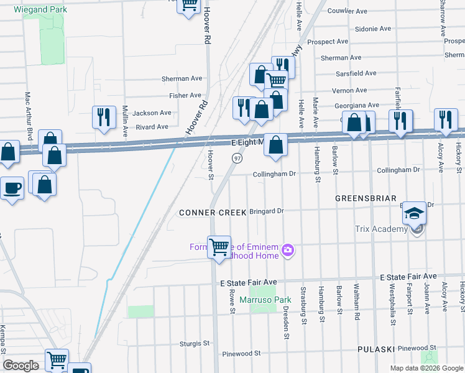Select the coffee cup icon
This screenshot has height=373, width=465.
tap(12, 188)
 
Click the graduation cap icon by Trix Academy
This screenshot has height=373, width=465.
tap(413, 213)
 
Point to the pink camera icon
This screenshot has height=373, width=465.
tap(287, 251)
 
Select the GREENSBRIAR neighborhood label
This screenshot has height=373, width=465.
tap(366, 198)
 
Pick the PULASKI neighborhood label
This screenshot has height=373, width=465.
tap(376, 350)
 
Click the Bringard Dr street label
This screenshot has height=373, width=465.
tap(266, 211)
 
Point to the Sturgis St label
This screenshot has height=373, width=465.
tap(194, 343)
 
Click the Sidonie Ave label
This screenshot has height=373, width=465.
tap(372, 29)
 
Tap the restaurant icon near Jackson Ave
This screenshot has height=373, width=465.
tap(104, 117)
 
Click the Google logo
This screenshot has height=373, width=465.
tap(21, 366)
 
